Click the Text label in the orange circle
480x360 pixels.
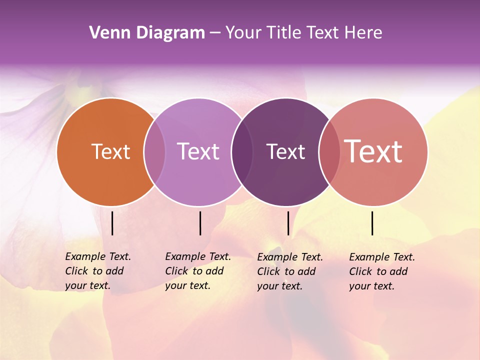(110, 151)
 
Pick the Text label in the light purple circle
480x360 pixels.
(198, 151)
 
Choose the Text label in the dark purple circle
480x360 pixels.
(285, 151)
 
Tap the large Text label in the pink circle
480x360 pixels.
(373, 151)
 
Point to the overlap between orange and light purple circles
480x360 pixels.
(154, 151)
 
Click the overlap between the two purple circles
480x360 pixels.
(242, 151)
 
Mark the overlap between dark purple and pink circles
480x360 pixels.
(329, 151)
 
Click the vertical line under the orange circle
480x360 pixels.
(112, 223)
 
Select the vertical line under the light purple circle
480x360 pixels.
(200, 223)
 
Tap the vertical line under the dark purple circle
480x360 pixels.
(288, 223)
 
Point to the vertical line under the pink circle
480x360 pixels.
(372, 223)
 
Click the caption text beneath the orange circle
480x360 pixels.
(97, 271)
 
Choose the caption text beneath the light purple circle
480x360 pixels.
(197, 271)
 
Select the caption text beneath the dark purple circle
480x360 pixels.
(289, 271)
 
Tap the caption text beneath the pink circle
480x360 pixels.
(381, 271)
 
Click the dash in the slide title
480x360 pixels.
(215, 33)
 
